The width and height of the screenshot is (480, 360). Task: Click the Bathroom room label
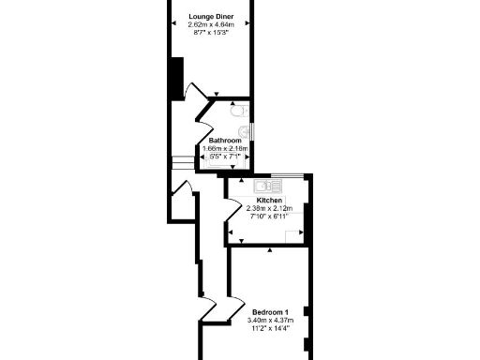224,141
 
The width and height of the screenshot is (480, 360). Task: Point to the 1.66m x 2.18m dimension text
225,149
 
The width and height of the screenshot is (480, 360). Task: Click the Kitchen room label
270,201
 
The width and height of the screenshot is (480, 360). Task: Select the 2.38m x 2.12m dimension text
270,208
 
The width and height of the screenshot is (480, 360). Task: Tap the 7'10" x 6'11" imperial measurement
270,217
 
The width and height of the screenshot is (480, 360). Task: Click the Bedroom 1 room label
270,312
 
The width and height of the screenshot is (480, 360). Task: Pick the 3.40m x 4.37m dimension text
270,321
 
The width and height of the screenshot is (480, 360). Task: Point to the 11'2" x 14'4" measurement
270,329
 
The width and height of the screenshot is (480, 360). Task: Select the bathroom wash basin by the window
245,130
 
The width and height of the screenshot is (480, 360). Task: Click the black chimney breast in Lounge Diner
175,79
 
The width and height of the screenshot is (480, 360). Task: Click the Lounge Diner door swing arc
192,91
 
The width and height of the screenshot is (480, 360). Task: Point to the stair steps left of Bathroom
182,161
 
